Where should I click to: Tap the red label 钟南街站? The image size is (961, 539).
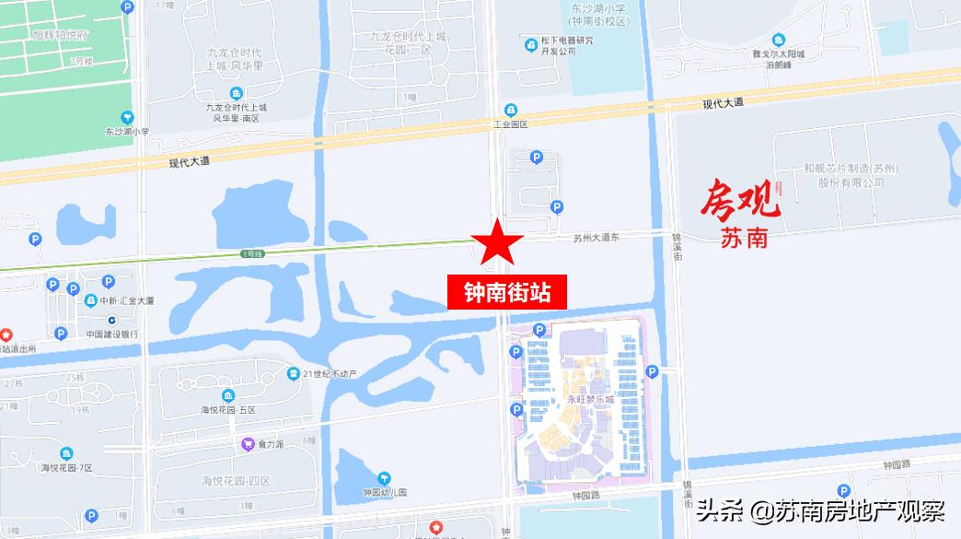[x=507, y=293]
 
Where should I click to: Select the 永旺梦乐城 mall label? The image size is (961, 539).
[x=590, y=399]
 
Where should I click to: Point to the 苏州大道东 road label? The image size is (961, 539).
[x=596, y=238]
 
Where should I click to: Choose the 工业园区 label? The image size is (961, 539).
[x=511, y=123]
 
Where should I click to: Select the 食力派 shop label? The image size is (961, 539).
[x=270, y=444]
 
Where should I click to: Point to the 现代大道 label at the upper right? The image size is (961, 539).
[x=723, y=103]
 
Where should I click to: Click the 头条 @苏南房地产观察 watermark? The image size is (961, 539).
[x=820, y=510]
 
